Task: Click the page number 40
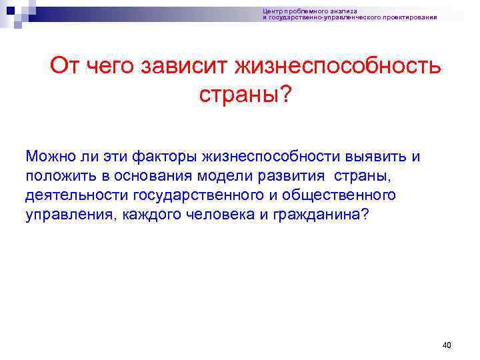point(447,345)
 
